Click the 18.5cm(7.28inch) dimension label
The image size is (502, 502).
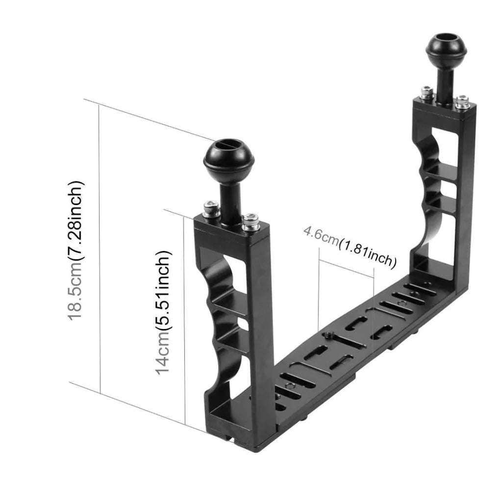pyautogui.click(x=77, y=251)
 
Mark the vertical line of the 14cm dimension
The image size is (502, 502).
pyautogui.click(x=184, y=319)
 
